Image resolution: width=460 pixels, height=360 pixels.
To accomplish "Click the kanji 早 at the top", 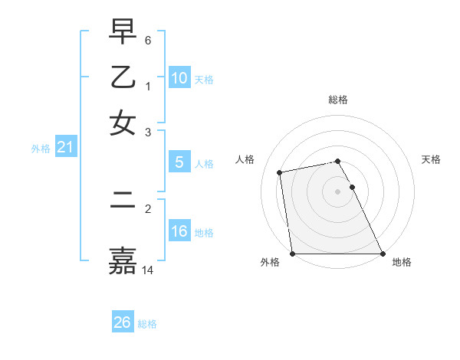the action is (123, 33).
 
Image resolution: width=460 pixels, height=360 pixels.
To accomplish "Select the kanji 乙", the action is (123, 77).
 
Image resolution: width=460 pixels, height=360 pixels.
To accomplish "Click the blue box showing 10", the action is (179, 78).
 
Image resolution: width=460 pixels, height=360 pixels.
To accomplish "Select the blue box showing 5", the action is (179, 162).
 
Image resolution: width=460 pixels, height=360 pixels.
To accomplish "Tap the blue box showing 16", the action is (179, 231).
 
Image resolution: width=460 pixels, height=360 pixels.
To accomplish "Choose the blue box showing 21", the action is (64, 148).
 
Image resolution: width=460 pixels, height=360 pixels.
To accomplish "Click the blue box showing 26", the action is (122, 322).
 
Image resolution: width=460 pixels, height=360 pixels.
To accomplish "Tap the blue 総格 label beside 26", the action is (147, 324).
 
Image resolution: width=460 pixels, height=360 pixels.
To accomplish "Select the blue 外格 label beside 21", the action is (40, 149).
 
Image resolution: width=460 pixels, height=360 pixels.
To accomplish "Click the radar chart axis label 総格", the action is (338, 100).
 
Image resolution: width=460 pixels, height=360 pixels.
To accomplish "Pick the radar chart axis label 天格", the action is (432, 159).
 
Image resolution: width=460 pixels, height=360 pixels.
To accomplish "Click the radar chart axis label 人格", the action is (245, 159).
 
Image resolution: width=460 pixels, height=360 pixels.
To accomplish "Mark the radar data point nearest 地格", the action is (382, 254).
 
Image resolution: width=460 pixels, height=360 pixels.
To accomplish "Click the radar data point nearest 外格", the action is (293, 254).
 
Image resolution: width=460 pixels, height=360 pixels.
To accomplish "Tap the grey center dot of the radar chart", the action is (338, 191).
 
